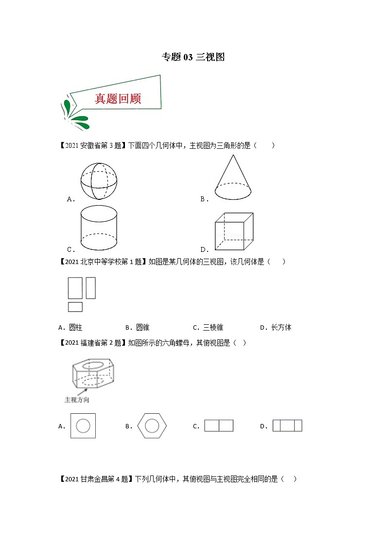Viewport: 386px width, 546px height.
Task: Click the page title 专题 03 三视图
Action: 193,57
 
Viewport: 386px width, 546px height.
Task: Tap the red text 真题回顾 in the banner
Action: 118,99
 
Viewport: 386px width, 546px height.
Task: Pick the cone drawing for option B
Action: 233,178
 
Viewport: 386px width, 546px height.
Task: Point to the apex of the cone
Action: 233,156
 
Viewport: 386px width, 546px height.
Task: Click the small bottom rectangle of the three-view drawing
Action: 75,307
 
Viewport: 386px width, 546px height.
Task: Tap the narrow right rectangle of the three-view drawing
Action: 90,288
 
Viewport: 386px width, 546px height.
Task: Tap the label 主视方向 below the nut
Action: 77,400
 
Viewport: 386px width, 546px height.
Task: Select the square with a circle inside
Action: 83,426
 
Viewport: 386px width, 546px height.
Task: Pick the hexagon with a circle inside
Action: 152,426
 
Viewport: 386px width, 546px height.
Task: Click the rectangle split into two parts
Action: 219,426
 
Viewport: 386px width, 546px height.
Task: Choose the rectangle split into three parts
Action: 287,426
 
